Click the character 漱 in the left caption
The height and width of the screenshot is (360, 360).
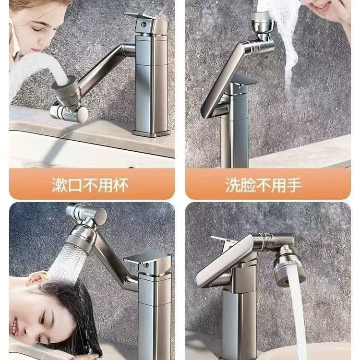(x=60, y=185)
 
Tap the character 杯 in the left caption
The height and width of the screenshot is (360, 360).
(x=121, y=185)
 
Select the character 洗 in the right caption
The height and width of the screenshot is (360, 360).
(x=233, y=185)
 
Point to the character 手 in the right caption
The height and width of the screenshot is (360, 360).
(x=294, y=185)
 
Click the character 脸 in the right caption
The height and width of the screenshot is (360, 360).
(x=248, y=185)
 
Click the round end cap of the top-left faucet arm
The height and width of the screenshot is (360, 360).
(x=82, y=114)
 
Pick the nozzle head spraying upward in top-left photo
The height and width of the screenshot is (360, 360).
(x=65, y=91)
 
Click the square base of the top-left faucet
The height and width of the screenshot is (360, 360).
(x=152, y=133)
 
